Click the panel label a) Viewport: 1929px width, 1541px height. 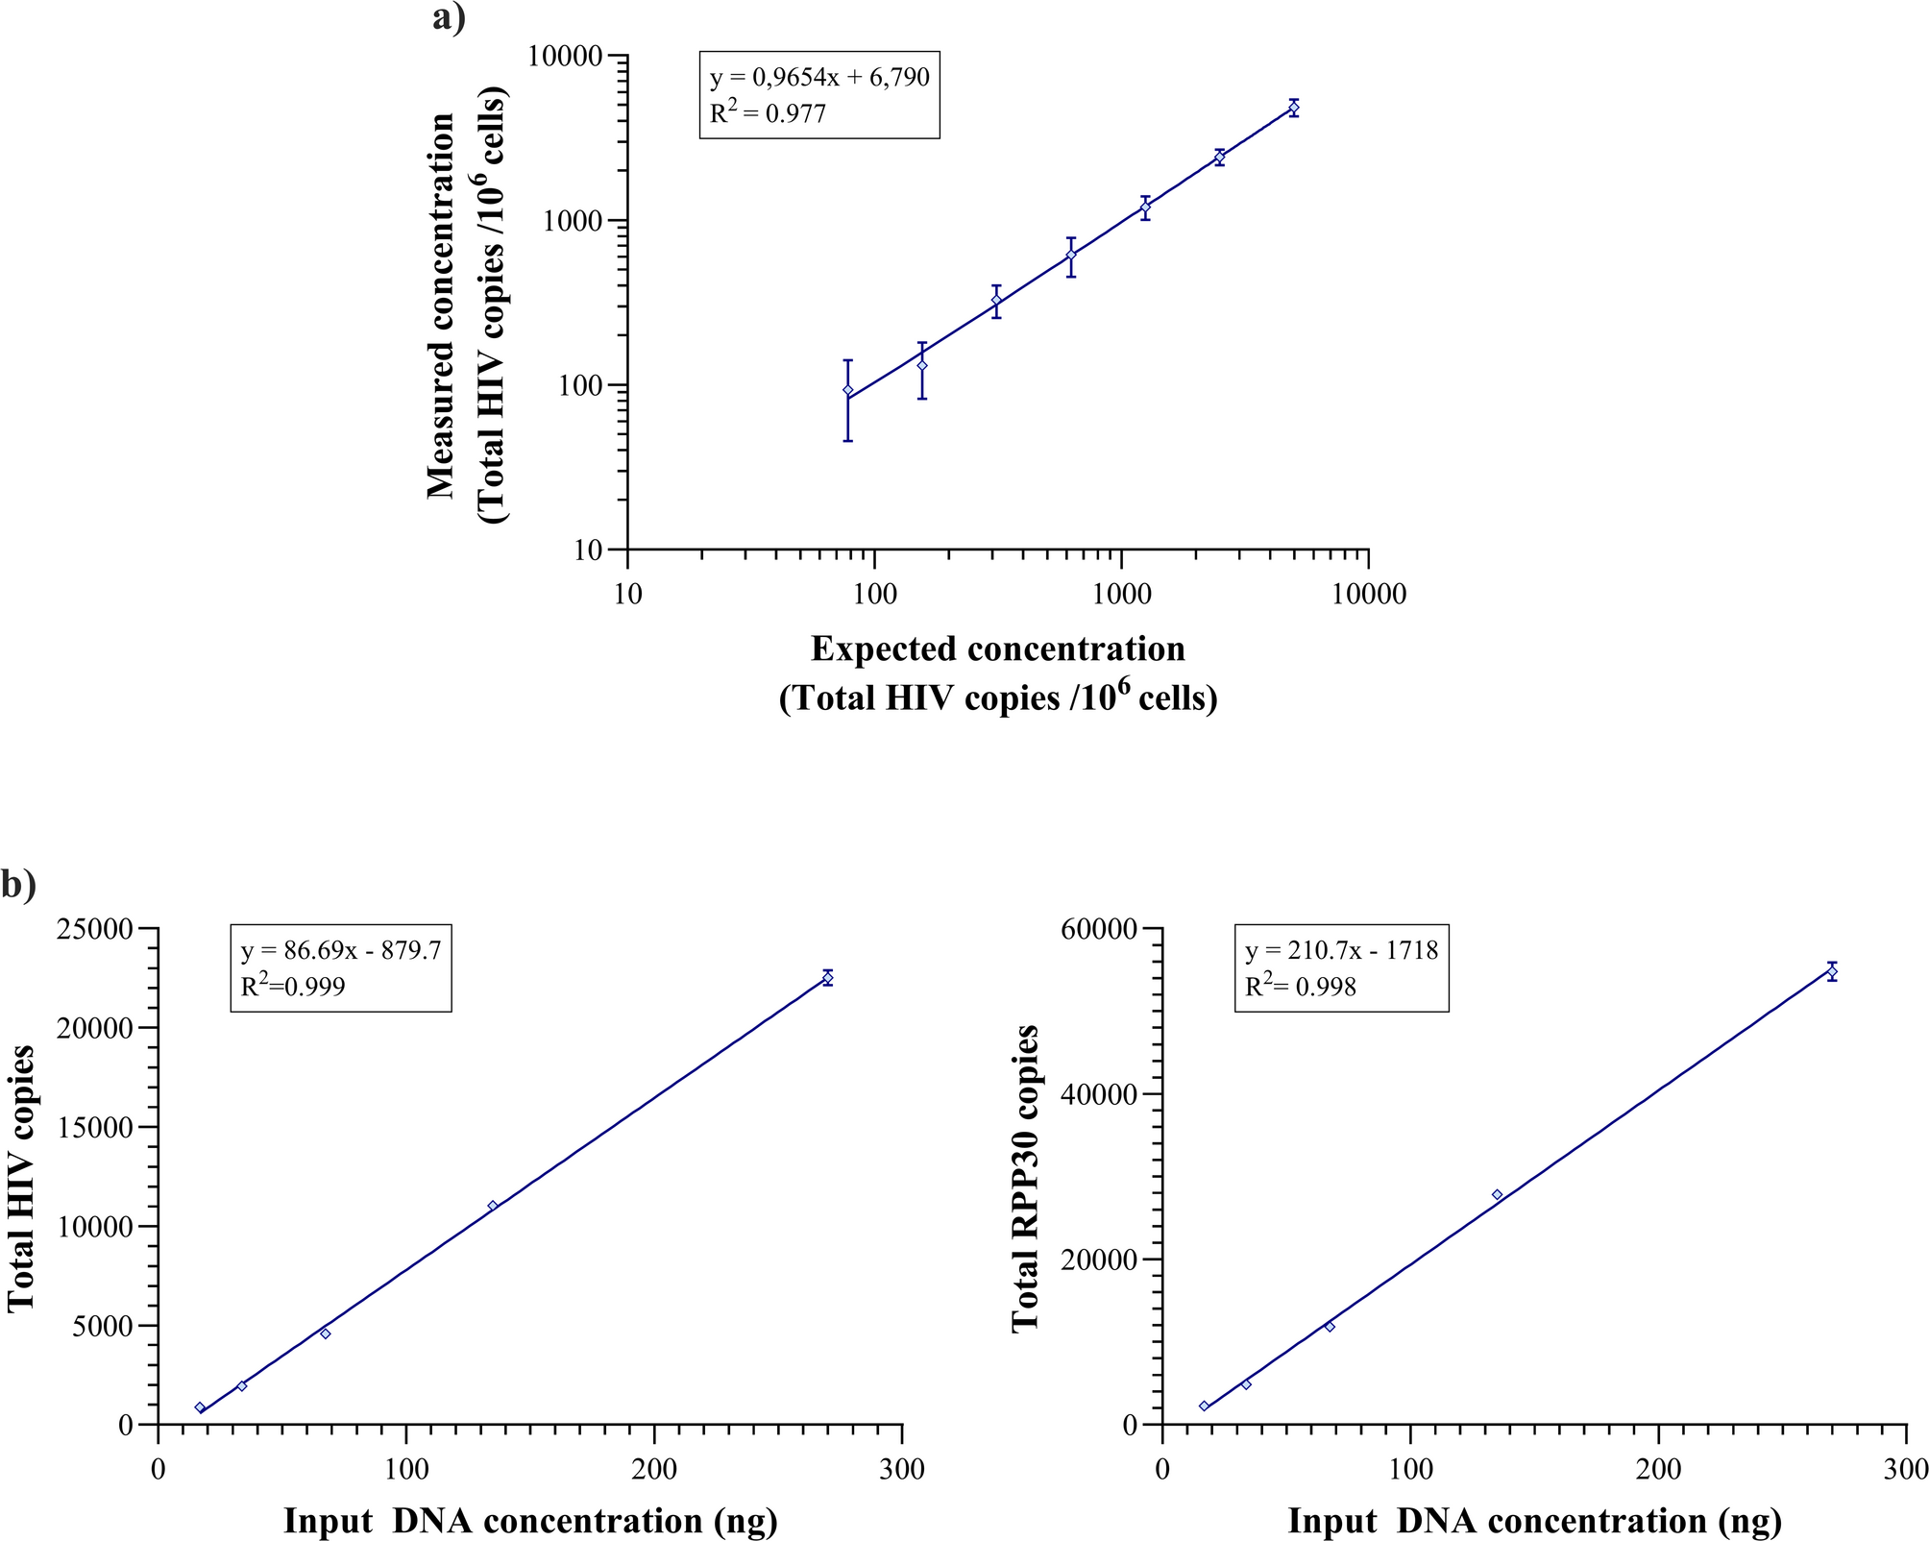click(x=449, y=17)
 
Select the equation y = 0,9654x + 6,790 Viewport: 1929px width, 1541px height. click(x=819, y=77)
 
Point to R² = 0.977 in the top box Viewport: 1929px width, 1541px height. click(x=768, y=113)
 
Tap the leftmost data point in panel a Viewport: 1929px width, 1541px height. click(x=847, y=389)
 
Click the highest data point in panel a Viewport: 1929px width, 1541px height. click(x=1294, y=108)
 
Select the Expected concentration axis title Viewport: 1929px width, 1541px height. click(x=998, y=649)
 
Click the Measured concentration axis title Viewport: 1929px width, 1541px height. click(x=442, y=306)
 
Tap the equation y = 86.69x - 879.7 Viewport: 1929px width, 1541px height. click(x=341, y=950)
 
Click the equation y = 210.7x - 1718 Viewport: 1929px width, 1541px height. click(x=1342, y=950)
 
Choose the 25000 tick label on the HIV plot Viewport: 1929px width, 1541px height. click(x=96, y=930)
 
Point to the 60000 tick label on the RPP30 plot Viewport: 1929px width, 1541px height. click(x=1099, y=930)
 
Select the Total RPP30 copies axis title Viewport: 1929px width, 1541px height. click(x=1026, y=1178)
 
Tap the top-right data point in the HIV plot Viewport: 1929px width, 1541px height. click(x=827, y=977)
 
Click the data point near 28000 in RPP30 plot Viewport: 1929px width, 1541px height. click(x=1497, y=1194)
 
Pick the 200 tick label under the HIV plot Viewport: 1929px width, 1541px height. click(x=654, y=1470)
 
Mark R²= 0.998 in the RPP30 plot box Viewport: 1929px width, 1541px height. click(x=1301, y=987)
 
